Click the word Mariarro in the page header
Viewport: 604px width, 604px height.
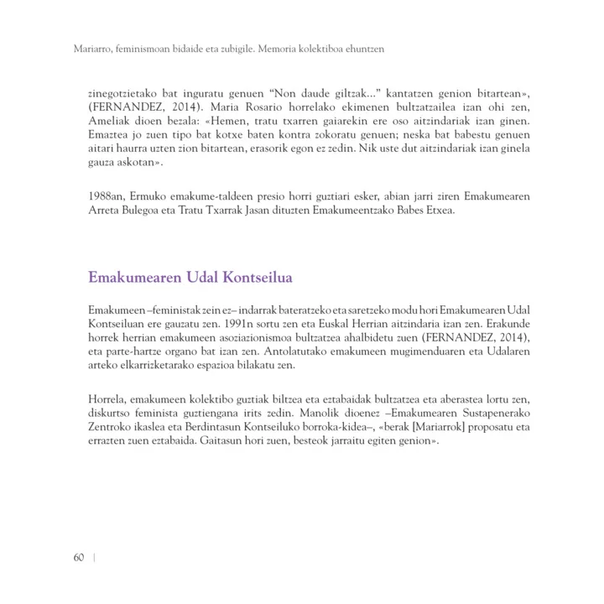click(85, 50)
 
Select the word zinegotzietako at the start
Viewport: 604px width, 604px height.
click(122, 95)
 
